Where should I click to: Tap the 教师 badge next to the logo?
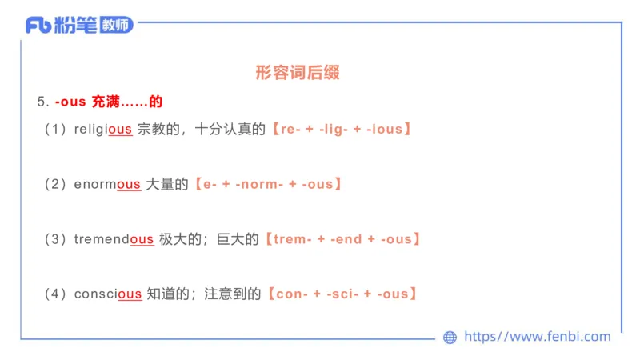pyautogui.click(x=117, y=26)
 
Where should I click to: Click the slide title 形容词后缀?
pyautogui.click(x=298, y=73)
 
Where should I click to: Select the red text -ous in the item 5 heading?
pyautogui.click(x=71, y=102)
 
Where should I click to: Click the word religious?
pyautogui.click(x=102, y=129)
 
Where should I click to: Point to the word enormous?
pyautogui.click(x=107, y=184)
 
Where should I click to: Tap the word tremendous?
pyautogui.click(x=114, y=239)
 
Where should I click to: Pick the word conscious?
pyautogui.click(x=108, y=294)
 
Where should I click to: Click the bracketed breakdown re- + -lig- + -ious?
pyautogui.click(x=342, y=129)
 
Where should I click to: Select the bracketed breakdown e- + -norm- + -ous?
pyautogui.click(x=270, y=184)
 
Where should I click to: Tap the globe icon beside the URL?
pyautogui.click(x=450, y=338)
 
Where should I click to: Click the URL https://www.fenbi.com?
pyautogui.click(x=537, y=337)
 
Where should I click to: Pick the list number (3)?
pyautogui.click(x=55, y=239)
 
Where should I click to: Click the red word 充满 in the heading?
pyautogui.click(x=104, y=102)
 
